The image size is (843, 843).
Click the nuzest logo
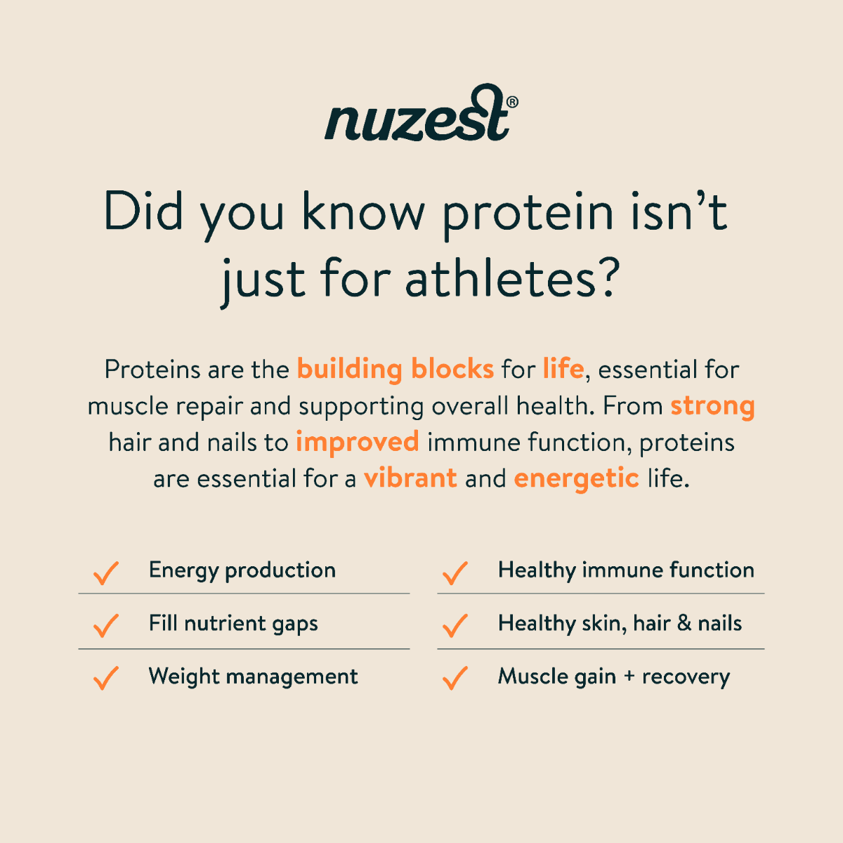(421, 112)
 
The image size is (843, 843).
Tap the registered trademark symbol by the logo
(512, 102)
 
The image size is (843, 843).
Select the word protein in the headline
(528, 213)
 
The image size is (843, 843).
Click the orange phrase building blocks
(396, 369)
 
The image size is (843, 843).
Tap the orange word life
(563, 368)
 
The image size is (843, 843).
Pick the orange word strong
(712, 406)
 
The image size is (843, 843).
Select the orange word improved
(358, 443)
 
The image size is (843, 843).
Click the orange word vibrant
(410, 477)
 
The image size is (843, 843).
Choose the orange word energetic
(577, 478)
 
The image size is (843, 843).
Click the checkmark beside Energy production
(106, 573)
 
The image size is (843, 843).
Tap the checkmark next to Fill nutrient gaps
(106, 626)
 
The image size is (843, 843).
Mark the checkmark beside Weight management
(106, 679)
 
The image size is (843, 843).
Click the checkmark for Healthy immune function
(455, 573)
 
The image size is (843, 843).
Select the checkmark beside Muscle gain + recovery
(455, 679)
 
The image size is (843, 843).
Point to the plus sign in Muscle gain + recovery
(629, 677)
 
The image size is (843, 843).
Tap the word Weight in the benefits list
(184, 677)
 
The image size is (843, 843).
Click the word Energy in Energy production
(183, 571)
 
